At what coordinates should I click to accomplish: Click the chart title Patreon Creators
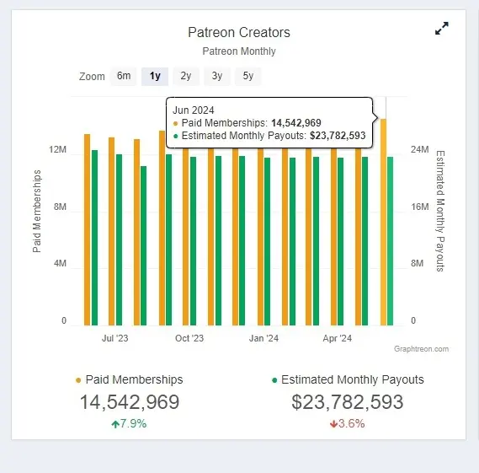(239, 32)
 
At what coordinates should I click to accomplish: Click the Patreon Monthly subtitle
(239, 51)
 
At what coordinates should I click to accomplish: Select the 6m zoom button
(124, 76)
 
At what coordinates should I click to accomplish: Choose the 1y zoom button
(155, 76)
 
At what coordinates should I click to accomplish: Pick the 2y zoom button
(185, 76)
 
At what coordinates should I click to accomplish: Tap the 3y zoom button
(216, 76)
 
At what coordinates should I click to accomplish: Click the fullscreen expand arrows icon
(442, 29)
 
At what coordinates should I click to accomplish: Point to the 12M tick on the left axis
(58, 150)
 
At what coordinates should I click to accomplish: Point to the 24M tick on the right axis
(420, 150)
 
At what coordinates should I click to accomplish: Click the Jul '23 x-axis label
(114, 339)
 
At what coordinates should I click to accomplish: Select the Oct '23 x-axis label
(189, 339)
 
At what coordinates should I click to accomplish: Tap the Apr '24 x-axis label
(338, 339)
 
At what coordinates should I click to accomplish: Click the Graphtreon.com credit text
(421, 349)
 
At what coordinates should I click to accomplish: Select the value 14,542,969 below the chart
(130, 402)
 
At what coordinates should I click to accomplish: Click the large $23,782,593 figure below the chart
(348, 402)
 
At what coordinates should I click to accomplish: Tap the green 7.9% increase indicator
(129, 423)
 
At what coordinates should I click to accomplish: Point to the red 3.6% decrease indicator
(347, 423)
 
